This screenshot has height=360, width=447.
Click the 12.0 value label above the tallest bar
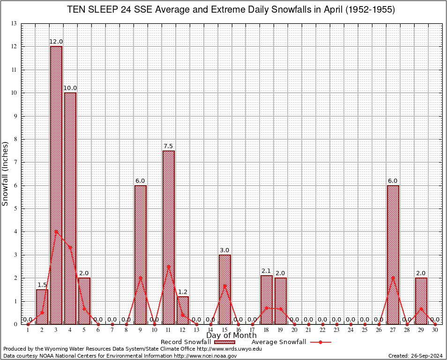(56, 42)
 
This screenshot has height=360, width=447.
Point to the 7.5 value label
(169, 146)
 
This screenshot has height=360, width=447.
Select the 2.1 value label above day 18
(266, 271)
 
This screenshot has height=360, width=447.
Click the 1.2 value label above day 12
(183, 292)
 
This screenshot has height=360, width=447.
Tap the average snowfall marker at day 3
(56, 231)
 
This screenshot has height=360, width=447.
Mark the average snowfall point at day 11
(169, 266)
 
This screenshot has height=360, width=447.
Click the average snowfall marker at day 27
(393, 277)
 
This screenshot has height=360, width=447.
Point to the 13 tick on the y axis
(14, 23)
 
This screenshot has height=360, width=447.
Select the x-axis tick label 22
(322, 330)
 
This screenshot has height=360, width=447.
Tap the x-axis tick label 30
(435, 330)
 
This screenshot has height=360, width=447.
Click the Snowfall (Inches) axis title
(6, 173)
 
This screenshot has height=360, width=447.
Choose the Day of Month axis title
(231, 336)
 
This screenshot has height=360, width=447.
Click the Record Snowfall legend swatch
(224, 342)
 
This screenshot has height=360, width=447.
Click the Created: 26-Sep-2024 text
(416, 356)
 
